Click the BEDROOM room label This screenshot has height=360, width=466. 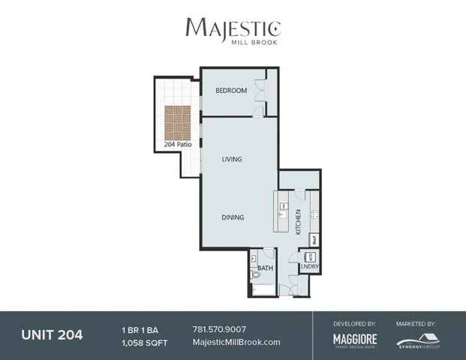point(231,91)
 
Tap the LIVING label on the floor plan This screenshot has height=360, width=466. point(231,159)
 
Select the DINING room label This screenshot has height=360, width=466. point(233,217)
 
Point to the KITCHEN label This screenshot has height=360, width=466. point(298,222)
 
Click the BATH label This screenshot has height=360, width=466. point(266,268)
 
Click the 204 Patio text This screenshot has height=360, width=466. point(179,143)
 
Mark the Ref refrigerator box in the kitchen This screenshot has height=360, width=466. point(314,240)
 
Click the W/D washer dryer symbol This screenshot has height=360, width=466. point(308,256)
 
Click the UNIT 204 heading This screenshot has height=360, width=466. point(53,334)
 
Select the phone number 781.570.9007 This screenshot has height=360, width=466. point(219,329)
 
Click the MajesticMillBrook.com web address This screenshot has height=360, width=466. point(236,342)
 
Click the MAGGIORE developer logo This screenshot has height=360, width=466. point(355,340)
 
